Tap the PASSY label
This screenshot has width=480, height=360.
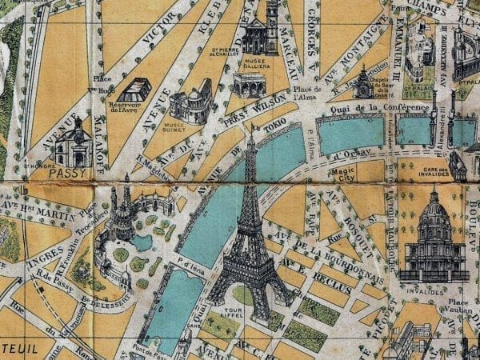pyautogui.click(x=66, y=172)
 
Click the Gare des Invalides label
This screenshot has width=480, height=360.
pyautogui.click(x=461, y=173)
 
